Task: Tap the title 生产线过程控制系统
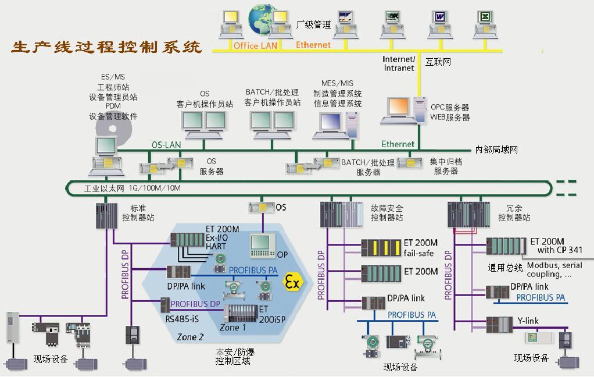point(106,47)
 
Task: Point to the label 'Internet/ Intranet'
point(399,63)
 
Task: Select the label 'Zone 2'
point(191,337)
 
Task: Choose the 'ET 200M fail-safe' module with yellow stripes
point(381,247)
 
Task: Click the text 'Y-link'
point(528,321)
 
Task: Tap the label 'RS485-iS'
point(181,318)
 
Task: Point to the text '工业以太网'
point(105,188)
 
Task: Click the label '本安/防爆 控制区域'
point(235,356)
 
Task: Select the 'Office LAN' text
point(256,45)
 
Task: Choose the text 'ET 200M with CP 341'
point(554,246)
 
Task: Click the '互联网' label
point(438,61)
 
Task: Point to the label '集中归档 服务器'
point(446,166)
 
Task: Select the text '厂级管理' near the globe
point(313,24)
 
